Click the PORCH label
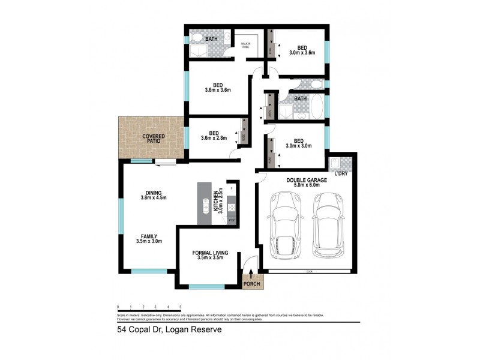click(251, 284)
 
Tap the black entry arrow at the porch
click(251, 275)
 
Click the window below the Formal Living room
click(206, 287)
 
